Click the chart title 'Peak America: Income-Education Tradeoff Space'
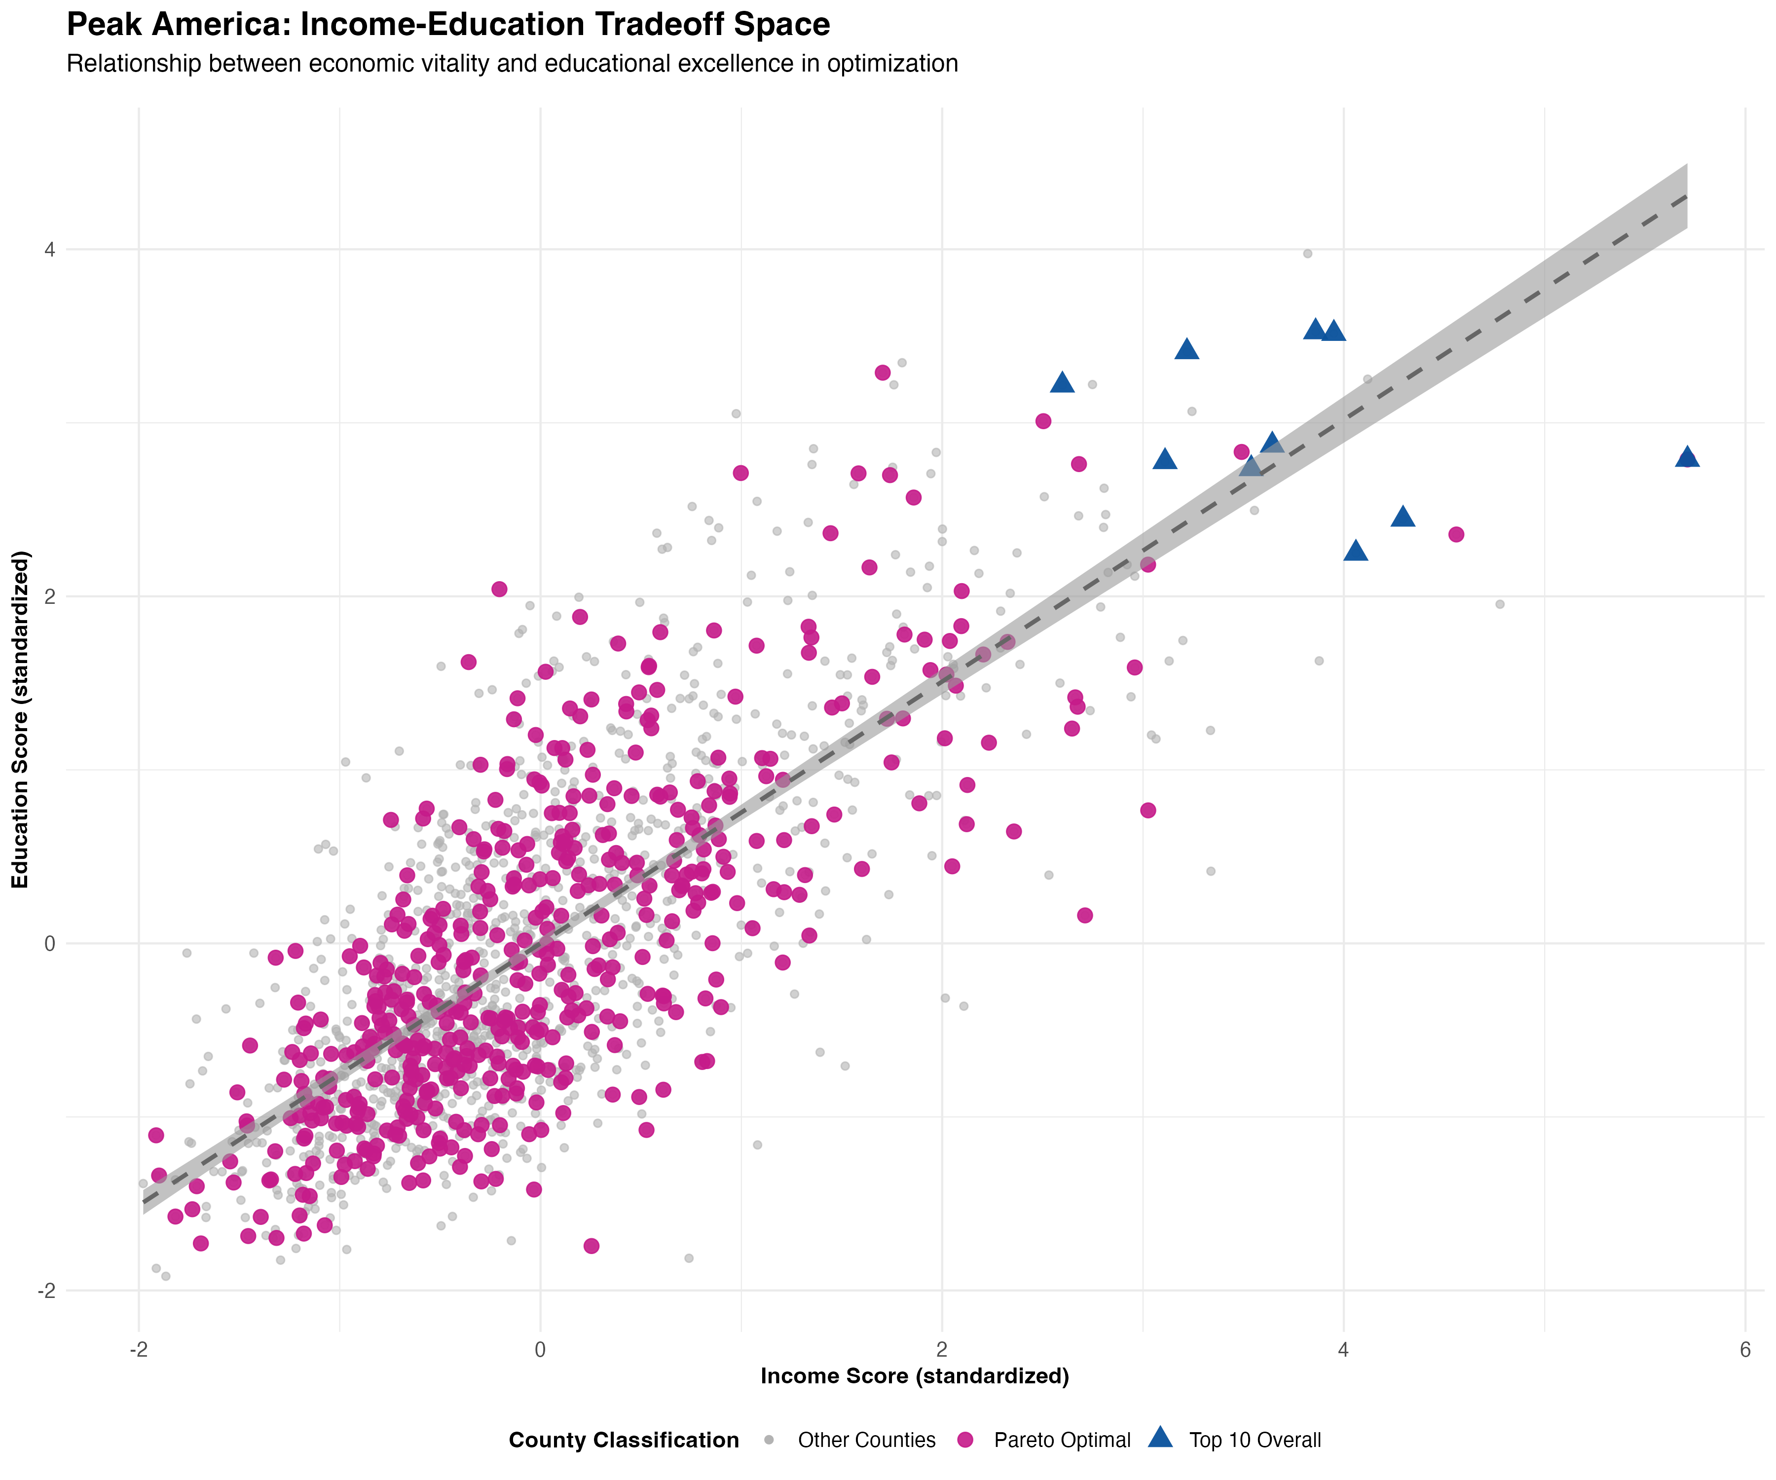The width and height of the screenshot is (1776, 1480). tap(448, 25)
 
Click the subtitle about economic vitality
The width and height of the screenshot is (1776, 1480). tap(512, 64)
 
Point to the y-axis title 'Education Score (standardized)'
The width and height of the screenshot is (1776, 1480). tap(20, 719)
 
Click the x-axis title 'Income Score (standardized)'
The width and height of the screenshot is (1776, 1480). tap(915, 1376)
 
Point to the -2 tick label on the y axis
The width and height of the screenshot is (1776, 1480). tap(46, 1291)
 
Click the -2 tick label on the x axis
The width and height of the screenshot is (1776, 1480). tap(139, 1350)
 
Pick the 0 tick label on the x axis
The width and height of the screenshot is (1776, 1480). tap(540, 1350)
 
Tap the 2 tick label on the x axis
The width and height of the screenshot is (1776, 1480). tap(942, 1350)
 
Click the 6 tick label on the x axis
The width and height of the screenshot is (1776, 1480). tap(1745, 1350)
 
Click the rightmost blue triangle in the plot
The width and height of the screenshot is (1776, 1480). tap(1687, 457)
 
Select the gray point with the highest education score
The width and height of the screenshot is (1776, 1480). tap(1307, 254)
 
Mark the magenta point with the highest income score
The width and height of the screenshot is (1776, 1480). tap(1455, 534)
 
